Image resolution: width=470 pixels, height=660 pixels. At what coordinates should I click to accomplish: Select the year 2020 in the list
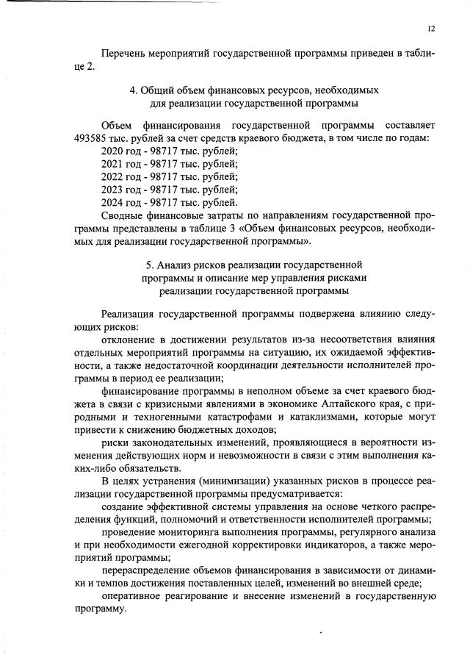(x=113, y=150)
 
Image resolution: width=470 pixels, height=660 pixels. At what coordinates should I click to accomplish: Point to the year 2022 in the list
(x=113, y=176)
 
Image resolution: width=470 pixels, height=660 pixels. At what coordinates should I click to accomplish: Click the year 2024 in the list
(x=113, y=201)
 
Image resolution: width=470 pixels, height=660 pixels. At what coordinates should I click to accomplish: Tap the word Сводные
(x=123, y=215)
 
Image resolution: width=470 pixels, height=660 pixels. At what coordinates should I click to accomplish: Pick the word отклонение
(x=129, y=340)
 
